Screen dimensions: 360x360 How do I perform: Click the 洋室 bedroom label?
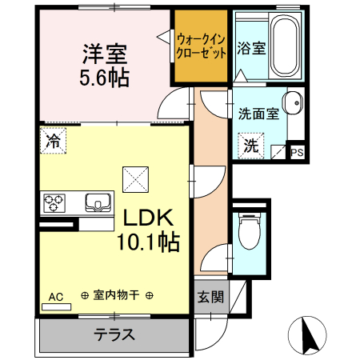click(x=104, y=57)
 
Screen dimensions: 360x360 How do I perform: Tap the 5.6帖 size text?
click(x=104, y=78)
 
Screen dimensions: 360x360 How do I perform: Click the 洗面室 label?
click(x=258, y=114)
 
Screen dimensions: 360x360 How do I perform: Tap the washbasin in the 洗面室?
click(x=294, y=102)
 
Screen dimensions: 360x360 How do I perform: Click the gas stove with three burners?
click(x=55, y=202)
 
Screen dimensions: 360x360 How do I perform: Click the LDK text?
click(x=149, y=219)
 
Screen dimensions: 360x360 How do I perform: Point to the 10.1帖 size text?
click(x=149, y=241)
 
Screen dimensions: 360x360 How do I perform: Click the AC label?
click(x=55, y=297)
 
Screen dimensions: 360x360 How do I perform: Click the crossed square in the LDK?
click(x=134, y=178)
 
